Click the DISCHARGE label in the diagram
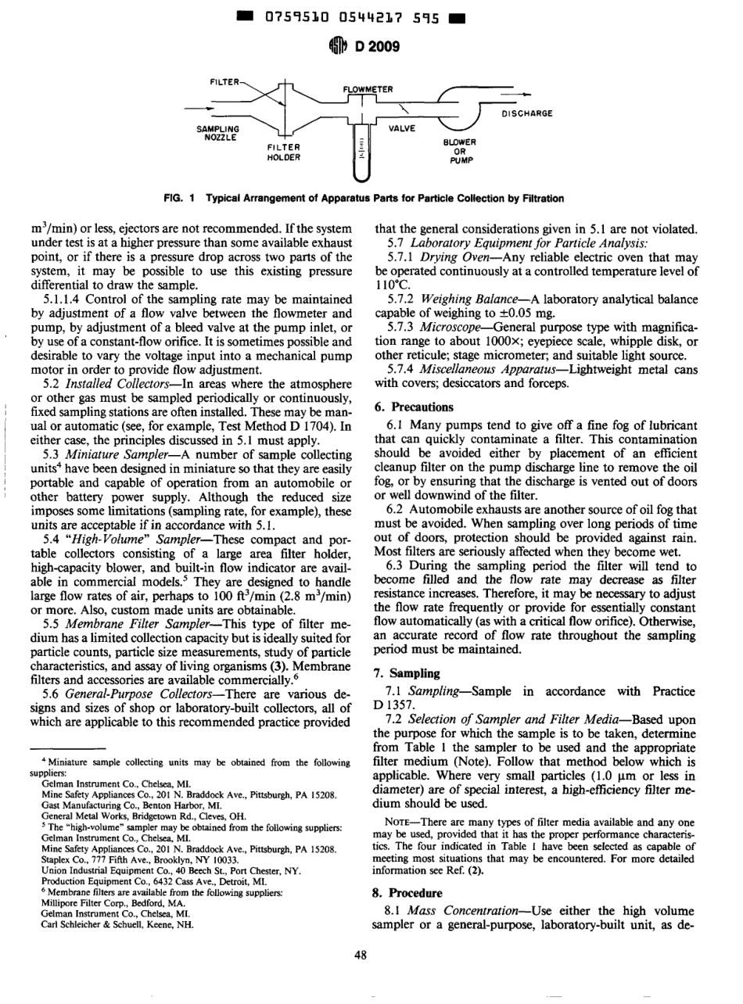coord(526,113)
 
